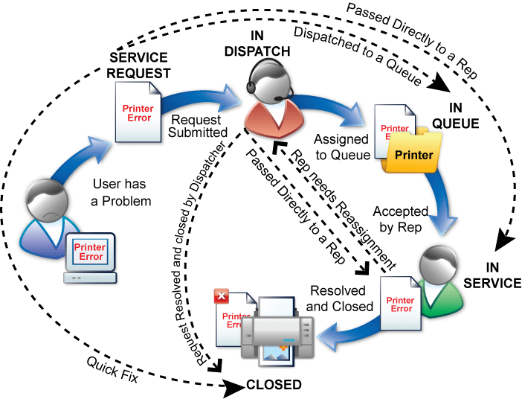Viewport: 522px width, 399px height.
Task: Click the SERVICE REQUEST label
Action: point(140,66)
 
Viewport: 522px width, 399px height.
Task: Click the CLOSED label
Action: point(274,385)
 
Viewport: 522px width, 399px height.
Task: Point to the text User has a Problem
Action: point(122,191)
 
